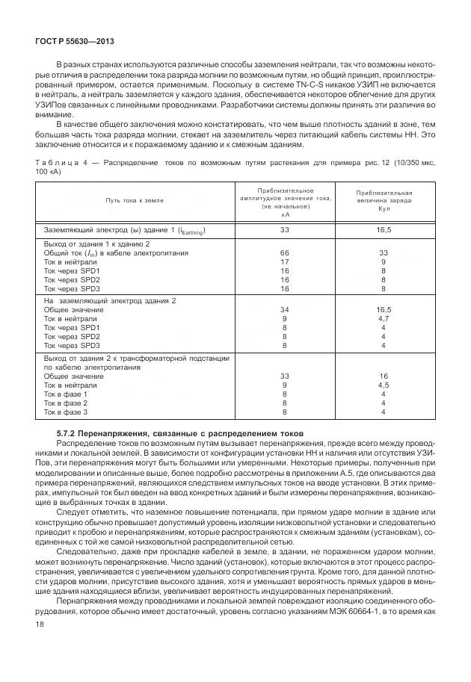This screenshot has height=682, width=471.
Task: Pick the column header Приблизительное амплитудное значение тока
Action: point(285,200)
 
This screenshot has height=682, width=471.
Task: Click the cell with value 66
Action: point(284,254)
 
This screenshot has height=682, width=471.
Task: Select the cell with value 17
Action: point(284,262)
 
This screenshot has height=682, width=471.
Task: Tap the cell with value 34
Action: point(284,309)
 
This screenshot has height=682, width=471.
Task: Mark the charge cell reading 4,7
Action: point(383,318)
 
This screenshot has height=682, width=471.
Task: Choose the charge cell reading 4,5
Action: point(383,385)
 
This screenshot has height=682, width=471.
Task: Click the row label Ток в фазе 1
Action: point(66,394)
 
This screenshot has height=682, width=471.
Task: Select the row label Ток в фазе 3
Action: point(66,412)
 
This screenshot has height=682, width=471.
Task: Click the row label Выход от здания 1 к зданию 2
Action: point(97,245)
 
